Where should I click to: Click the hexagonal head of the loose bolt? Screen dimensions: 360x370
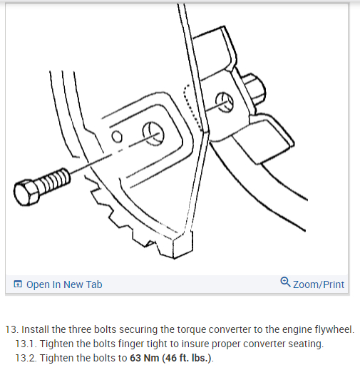(26, 192)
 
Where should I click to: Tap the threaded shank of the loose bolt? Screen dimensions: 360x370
(54, 180)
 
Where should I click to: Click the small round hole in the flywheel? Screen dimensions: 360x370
(117, 136)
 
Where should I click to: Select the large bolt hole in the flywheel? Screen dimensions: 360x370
(153, 133)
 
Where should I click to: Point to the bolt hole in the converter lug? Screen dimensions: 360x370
(224, 102)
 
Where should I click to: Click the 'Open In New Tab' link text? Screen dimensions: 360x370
(64, 284)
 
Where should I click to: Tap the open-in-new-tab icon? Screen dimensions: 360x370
(18, 284)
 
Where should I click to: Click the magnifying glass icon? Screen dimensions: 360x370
(285, 282)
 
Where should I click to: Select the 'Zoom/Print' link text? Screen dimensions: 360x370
(319, 284)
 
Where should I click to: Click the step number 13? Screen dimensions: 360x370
(11, 329)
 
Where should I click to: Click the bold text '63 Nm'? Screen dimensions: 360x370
(144, 358)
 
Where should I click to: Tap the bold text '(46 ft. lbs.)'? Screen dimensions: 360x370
(187, 359)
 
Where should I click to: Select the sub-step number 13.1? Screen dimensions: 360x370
(26, 344)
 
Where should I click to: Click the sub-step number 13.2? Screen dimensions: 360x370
(26, 358)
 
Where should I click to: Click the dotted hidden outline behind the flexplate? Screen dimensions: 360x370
(191, 107)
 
